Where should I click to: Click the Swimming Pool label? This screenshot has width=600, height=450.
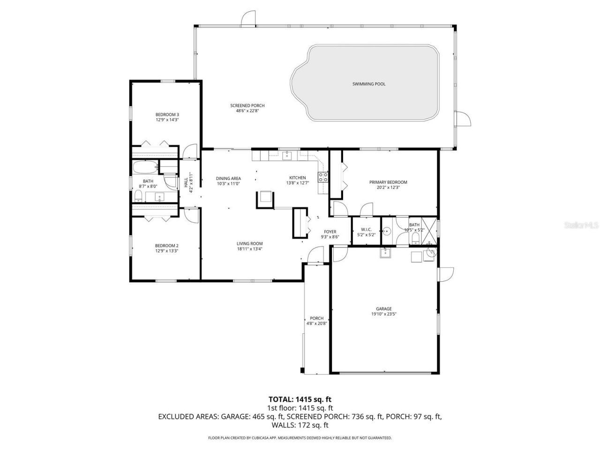[368, 84]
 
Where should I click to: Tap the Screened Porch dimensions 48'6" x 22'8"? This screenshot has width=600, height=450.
[247, 111]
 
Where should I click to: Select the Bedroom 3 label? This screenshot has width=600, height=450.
[167, 114]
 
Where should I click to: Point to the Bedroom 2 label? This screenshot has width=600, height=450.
[166, 246]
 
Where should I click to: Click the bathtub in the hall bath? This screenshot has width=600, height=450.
[145, 167]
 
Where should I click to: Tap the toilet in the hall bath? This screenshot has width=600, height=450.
[138, 195]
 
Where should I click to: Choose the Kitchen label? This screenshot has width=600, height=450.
[297, 178]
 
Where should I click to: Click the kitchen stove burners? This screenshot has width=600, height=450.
[323, 177]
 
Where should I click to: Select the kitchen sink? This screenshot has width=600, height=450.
[287, 156]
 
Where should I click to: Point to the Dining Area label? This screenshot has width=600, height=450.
[228, 179]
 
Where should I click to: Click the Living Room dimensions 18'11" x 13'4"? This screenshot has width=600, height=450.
[249, 248]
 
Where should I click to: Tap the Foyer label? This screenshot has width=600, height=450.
[330, 232]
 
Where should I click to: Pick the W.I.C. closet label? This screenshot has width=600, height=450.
[366, 230]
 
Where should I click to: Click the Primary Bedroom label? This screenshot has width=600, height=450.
[388, 182]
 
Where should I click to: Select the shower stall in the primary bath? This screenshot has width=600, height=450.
[429, 231]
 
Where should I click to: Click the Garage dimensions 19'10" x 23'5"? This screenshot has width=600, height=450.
[383, 314]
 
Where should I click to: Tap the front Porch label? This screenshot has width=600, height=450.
[316, 318]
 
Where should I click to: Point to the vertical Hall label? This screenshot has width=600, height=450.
[186, 182]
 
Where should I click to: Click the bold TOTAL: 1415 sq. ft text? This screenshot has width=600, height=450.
[300, 399]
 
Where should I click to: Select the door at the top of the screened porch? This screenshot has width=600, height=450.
[248, 19]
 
